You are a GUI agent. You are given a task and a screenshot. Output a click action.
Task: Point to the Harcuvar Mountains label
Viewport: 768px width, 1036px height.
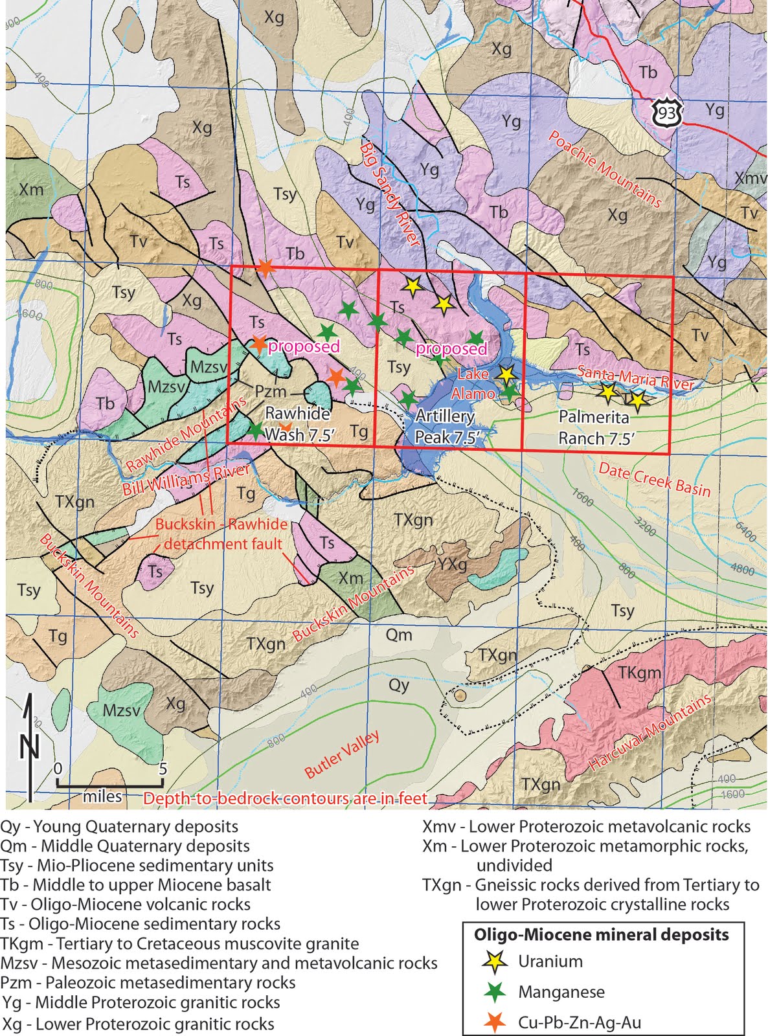point(649,732)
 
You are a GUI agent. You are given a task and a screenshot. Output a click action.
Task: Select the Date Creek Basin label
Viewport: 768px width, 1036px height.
point(654,480)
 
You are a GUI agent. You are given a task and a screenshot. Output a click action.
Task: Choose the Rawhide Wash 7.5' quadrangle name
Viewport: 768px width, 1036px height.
point(299,424)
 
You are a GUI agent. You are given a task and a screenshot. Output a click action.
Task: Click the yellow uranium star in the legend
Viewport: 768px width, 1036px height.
point(495,962)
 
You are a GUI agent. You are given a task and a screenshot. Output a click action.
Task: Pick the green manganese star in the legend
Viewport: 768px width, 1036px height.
point(495,991)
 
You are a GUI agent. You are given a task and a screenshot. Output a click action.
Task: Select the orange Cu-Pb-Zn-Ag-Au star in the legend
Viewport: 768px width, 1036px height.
point(495,1022)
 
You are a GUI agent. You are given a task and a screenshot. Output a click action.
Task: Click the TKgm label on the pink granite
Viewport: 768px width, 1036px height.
point(639,673)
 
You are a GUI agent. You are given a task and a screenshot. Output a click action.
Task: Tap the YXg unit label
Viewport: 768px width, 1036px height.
point(451,564)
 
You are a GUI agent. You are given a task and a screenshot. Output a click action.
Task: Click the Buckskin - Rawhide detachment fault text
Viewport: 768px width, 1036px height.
point(222,534)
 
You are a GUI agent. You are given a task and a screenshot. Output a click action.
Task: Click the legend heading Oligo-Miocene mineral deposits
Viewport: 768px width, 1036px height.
point(601,935)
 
